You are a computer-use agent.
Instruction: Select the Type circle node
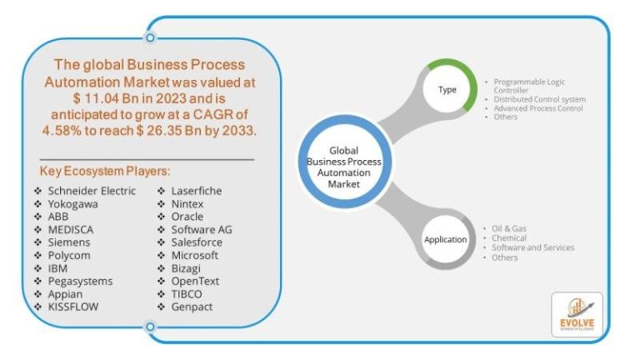[447, 89]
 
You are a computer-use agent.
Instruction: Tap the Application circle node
[446, 239]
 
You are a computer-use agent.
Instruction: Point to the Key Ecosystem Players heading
[105, 172]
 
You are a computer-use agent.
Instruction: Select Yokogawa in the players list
[72, 203]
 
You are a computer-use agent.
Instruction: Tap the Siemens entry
[68, 242]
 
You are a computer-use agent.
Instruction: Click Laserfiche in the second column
[196, 191]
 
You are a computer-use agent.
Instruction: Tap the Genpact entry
[192, 307]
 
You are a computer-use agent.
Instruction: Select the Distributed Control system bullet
[539, 99]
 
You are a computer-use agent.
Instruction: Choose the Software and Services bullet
[532, 247]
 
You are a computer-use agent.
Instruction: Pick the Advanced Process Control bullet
[537, 108]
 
